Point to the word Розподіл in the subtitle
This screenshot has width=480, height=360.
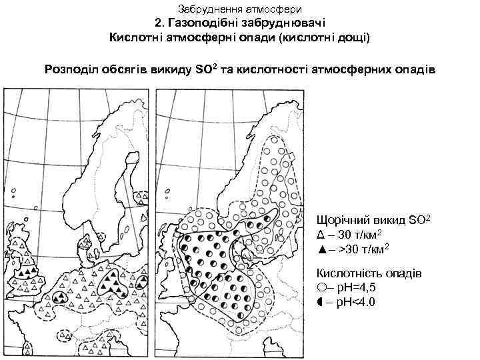(70, 69)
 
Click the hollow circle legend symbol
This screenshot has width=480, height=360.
(322, 288)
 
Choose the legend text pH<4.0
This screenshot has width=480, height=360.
(355, 302)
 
